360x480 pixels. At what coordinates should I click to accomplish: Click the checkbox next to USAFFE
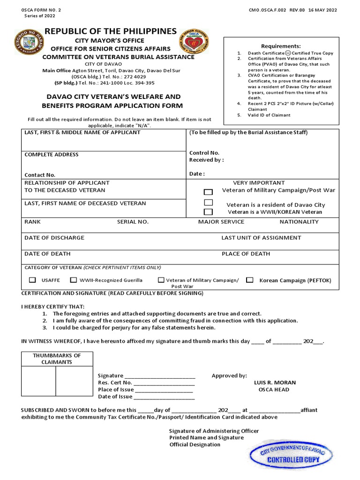[x=32, y=280]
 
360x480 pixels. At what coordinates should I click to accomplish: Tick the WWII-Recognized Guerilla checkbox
[x=74, y=280]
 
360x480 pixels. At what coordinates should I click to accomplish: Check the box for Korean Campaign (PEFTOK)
[x=250, y=280]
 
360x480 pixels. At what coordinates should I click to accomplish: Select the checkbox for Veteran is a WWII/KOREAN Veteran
[x=208, y=212]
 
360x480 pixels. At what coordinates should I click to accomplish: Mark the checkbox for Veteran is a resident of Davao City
[x=208, y=202]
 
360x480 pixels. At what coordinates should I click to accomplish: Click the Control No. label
[x=204, y=153]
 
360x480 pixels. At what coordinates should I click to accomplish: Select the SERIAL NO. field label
[x=133, y=222]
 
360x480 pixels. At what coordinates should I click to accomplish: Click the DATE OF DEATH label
[x=47, y=254]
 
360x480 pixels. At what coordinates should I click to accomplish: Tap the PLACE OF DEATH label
[x=246, y=254]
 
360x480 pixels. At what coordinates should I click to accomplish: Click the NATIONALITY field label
[x=299, y=222]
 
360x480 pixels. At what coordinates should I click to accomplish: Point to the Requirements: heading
[x=281, y=46]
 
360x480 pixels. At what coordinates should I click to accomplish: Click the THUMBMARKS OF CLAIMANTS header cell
[x=57, y=359]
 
